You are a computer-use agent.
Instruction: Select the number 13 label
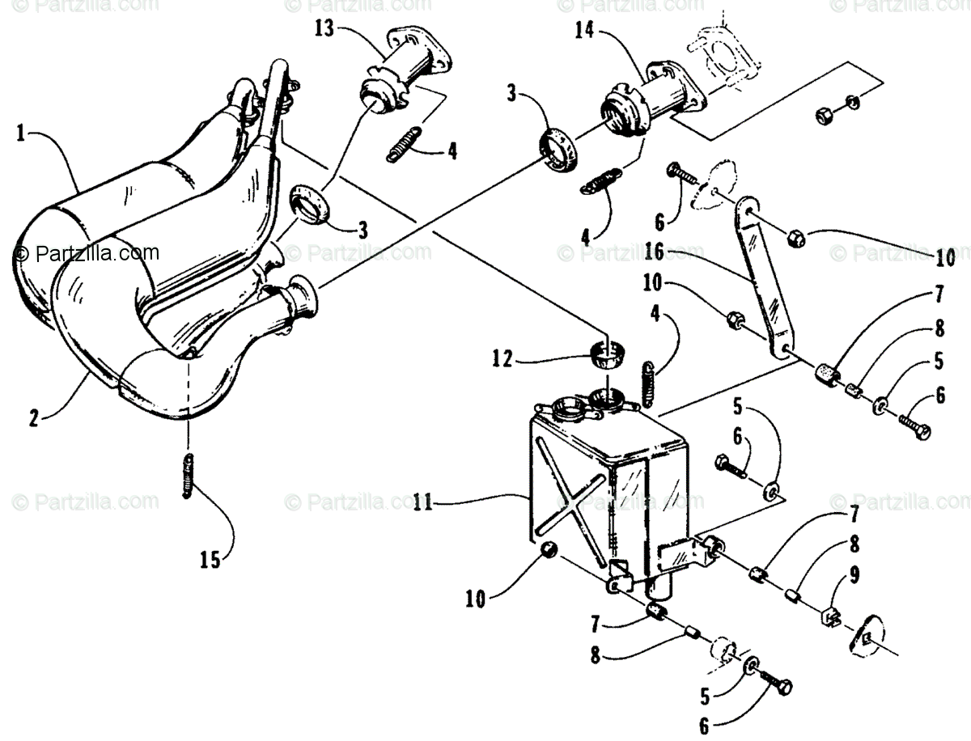pos(324,29)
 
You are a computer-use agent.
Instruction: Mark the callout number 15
pos(210,560)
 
